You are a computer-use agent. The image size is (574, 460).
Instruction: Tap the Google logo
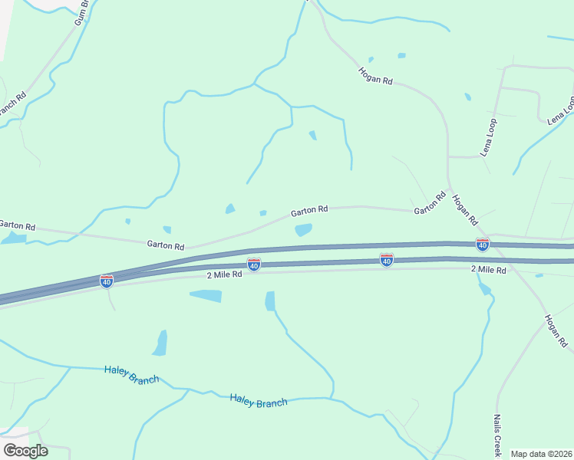coord(25,450)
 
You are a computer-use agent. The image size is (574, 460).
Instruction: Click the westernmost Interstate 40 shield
coord(107,281)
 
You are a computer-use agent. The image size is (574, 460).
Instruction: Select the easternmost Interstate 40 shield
coord(482,245)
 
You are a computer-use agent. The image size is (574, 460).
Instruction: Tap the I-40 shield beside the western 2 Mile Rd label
coord(254,264)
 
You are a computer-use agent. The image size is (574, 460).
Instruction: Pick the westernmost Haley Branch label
coord(131,374)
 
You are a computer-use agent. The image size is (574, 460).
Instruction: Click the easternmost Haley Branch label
coord(259,399)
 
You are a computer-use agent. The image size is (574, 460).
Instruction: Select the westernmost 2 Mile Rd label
coord(224,274)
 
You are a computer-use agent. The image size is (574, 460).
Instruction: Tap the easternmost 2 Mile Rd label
coord(488,270)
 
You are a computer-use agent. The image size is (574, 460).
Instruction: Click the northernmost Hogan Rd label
coord(375,75)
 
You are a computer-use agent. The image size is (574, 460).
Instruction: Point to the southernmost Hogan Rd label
coord(556,330)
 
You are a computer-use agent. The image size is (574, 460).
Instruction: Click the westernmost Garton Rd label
coord(17,225)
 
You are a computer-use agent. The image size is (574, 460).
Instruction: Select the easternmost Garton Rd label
coord(430,202)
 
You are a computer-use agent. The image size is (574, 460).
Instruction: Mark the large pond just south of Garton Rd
coord(303,229)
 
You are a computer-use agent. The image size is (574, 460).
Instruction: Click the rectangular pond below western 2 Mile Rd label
coord(206,295)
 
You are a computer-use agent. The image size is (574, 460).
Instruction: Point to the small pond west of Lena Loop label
coord(467,97)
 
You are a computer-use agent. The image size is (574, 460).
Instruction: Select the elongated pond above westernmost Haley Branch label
coord(160,343)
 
